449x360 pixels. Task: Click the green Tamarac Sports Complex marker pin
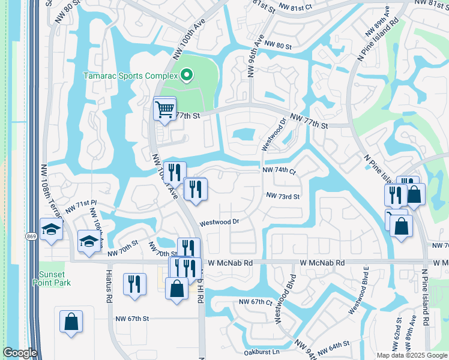[187, 76]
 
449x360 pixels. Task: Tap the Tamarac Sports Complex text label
[130, 76]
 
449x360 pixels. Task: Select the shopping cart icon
[164, 109]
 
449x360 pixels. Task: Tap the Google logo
[20, 353]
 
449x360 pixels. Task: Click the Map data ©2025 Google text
[411, 355]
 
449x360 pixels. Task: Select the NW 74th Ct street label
[280, 171]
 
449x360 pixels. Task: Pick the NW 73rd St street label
[283, 196]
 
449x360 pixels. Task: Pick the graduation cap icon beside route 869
[51, 229]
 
